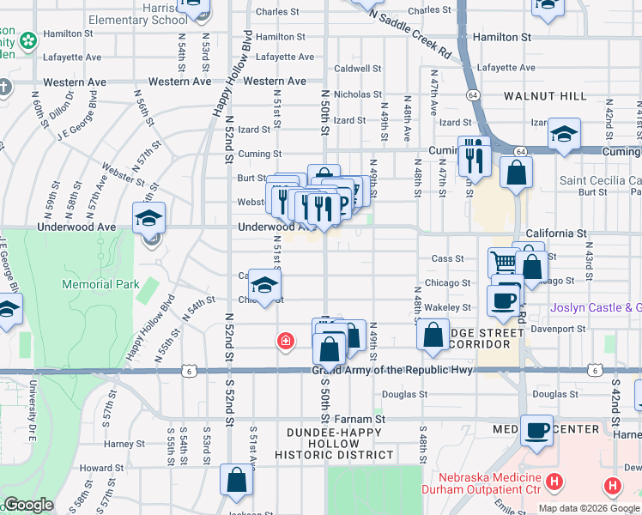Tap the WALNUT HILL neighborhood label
click(x=545, y=96)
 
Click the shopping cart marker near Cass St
click(x=504, y=263)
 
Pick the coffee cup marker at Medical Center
click(x=537, y=431)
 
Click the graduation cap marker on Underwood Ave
click(x=148, y=218)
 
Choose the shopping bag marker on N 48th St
click(x=433, y=334)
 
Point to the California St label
click(x=555, y=233)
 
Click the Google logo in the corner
click(x=28, y=506)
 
